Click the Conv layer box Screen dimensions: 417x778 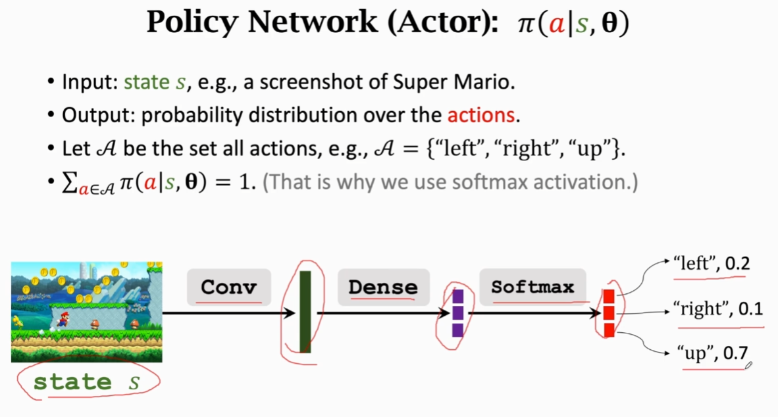tap(228, 287)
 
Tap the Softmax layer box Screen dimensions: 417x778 tap(532, 287)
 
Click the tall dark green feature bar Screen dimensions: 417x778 tap(305, 312)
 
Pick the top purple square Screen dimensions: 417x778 tap(457, 297)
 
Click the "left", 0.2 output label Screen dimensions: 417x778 tap(711, 264)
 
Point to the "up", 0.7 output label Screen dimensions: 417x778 tap(712, 353)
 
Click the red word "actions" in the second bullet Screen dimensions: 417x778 tap(480, 116)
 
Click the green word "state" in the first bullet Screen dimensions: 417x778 tap(146, 83)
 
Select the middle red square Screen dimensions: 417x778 tap(609, 313)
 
